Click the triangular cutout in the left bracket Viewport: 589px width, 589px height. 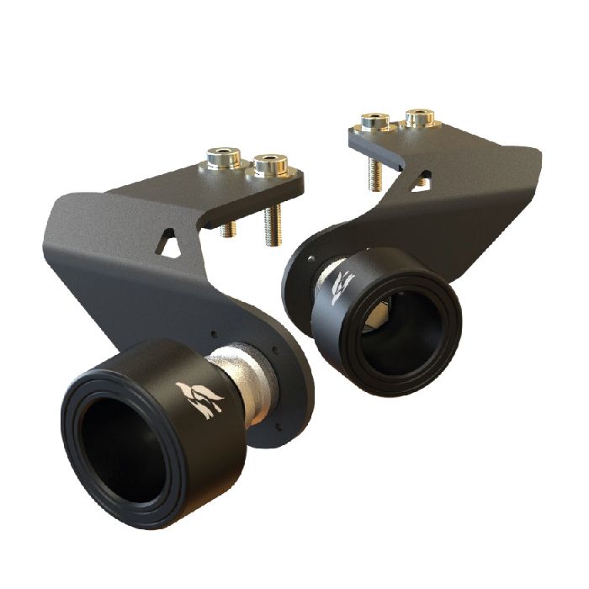tap(171, 245)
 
